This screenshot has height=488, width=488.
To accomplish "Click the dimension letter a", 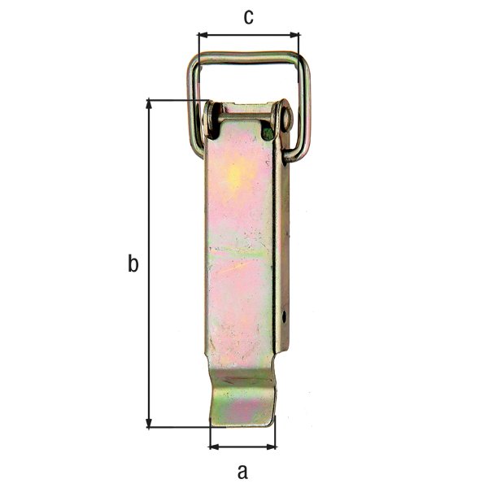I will pos(242,470).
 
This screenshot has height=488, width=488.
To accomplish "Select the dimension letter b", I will pos(133,264).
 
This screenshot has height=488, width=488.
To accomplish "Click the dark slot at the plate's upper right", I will pos(268,132).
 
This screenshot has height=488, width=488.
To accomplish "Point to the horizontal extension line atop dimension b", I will pos(175,100).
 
